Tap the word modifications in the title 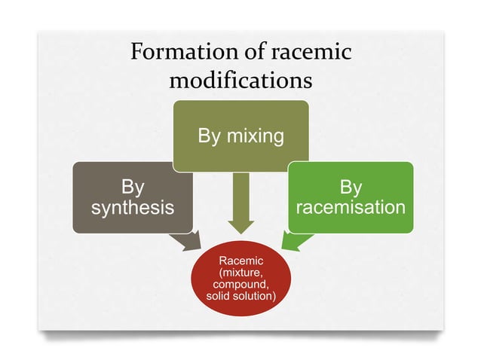pyautogui.click(x=240, y=79)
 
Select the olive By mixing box pyautogui.click(x=240, y=136)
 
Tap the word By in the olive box pyautogui.click(x=211, y=136)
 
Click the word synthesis pyautogui.click(x=132, y=207)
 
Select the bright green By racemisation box pyautogui.click(x=350, y=197)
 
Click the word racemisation pyautogui.click(x=350, y=206)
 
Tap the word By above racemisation pyautogui.click(x=351, y=186)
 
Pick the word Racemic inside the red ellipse pyautogui.click(x=240, y=261)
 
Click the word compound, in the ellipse pyautogui.click(x=240, y=285)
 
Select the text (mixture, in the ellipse pyautogui.click(x=240, y=273)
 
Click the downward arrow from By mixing pyautogui.click(x=240, y=203)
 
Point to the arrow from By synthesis pyautogui.click(x=185, y=242)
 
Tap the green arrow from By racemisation pyautogui.click(x=296, y=240)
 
